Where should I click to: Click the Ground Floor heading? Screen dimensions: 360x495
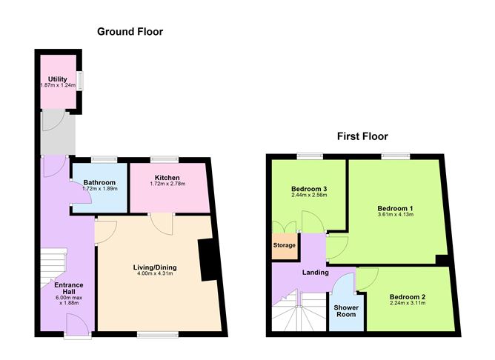pos(130,32)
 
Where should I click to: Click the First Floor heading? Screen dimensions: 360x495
pos(362,136)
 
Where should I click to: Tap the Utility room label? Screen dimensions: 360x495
pos(58,79)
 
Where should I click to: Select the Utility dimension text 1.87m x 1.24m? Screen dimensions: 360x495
pos(59,86)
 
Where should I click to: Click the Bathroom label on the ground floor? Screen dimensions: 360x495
pos(99,182)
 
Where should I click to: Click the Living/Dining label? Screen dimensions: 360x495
pos(156,267)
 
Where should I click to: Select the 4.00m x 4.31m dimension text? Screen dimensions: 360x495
pos(156,274)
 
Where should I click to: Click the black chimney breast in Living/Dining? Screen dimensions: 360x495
pos(208,261)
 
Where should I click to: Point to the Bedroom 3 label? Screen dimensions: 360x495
pos(310,190)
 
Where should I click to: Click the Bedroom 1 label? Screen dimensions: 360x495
pos(395,208)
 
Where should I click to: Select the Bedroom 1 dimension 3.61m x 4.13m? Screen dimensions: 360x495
pos(395,215)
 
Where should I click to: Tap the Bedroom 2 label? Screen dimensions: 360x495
pos(408,298)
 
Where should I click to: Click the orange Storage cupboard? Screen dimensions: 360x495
pos(285,246)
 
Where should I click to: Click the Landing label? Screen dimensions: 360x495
pos(315,273)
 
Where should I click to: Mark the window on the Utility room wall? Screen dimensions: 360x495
pos(82,80)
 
